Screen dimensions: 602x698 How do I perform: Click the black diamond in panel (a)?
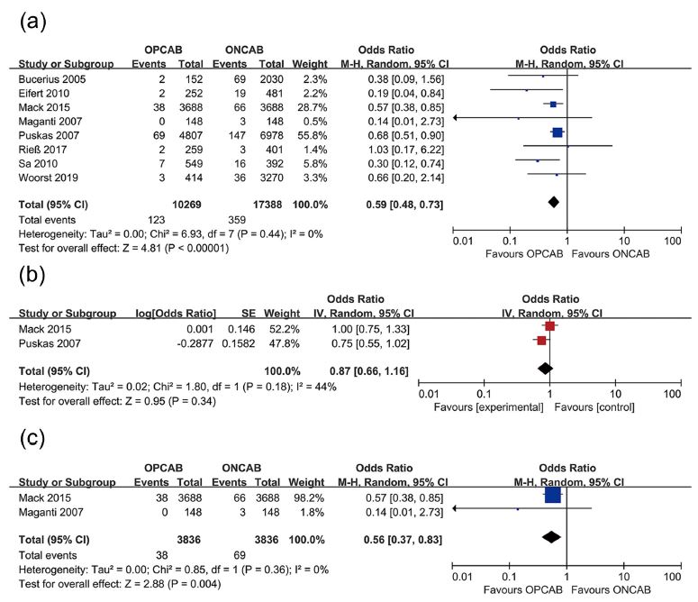[x=552, y=203]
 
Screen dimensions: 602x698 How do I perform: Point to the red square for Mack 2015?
[x=549, y=326]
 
